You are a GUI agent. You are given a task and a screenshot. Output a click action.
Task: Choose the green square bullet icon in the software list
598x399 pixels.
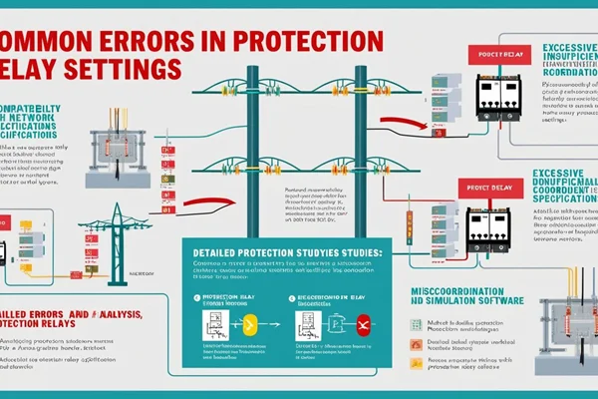coord(417,324)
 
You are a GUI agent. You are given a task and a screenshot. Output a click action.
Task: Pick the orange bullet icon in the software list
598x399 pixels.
coord(417,344)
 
